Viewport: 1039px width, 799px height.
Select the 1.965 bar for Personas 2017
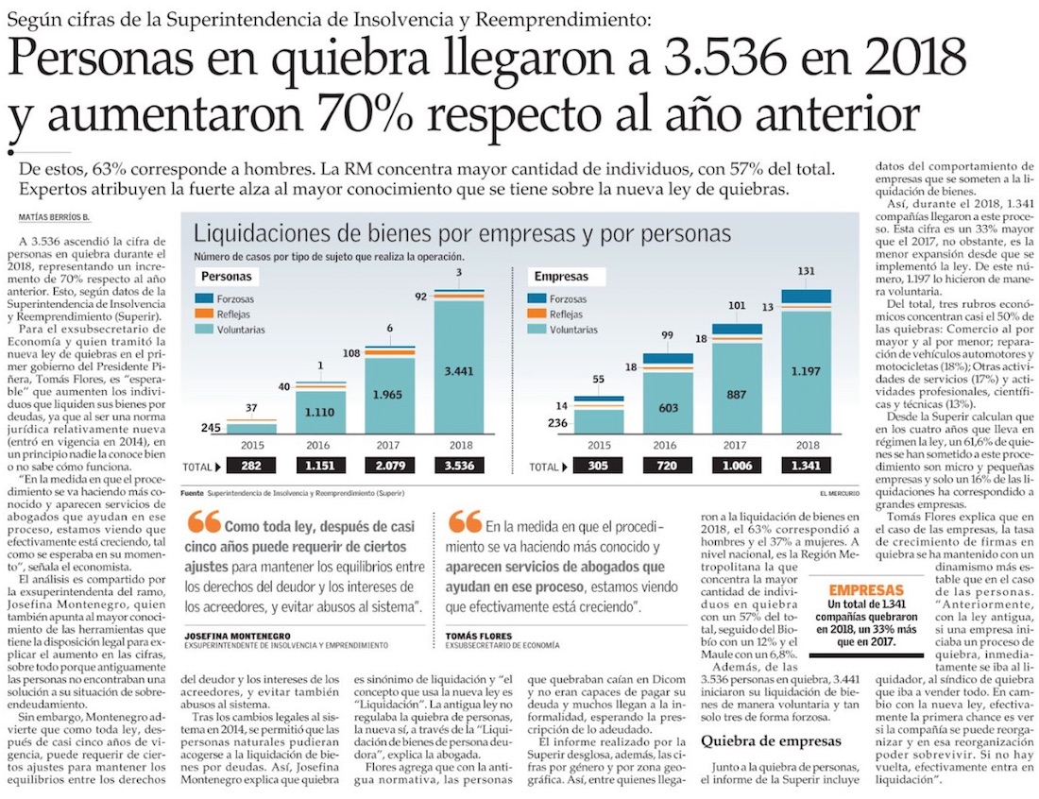(x=389, y=397)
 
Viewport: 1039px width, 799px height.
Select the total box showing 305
(x=597, y=466)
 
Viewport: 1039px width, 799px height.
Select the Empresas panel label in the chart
(x=561, y=277)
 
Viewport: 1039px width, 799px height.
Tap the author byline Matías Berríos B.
(x=54, y=216)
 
